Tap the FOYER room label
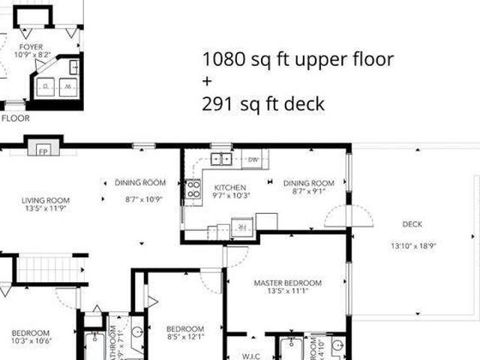[x=31, y=46]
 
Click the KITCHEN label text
[x=230, y=187]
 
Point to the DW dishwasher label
[x=253, y=159]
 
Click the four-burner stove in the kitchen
[x=193, y=189]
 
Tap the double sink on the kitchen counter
[x=220, y=158]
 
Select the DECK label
[x=412, y=223]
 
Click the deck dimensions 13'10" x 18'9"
[x=412, y=245]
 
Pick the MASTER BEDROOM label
[x=287, y=283]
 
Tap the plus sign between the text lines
[x=207, y=82]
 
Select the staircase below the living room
[x=46, y=268]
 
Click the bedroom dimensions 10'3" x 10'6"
[x=30, y=341]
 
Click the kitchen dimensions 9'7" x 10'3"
[x=230, y=196]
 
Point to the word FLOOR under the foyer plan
[x=15, y=118]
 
